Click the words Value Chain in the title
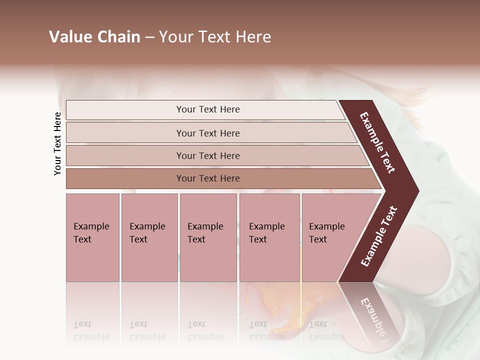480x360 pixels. click(94, 37)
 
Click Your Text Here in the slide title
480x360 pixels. click(215, 37)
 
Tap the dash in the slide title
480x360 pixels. click(149, 37)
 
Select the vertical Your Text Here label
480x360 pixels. click(57, 143)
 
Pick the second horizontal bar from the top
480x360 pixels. click(208, 133)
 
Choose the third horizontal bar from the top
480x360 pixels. click(208, 155)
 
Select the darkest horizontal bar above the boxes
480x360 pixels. click(208, 178)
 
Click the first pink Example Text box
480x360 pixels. click(92, 237)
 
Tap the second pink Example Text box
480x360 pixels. click(149, 237)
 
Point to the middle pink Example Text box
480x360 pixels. click(208, 237)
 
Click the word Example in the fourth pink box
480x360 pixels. click(266, 226)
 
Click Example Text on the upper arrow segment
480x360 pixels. click(377, 142)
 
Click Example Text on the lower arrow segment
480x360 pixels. click(379, 236)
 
